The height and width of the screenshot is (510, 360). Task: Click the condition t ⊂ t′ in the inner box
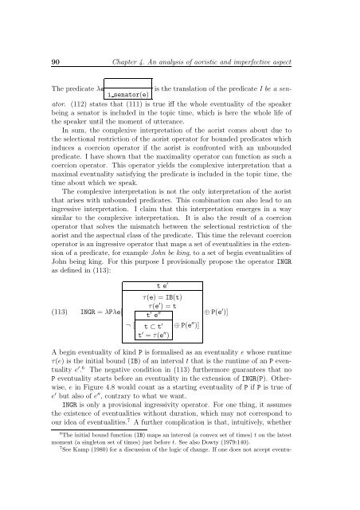[x=151, y=348]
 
